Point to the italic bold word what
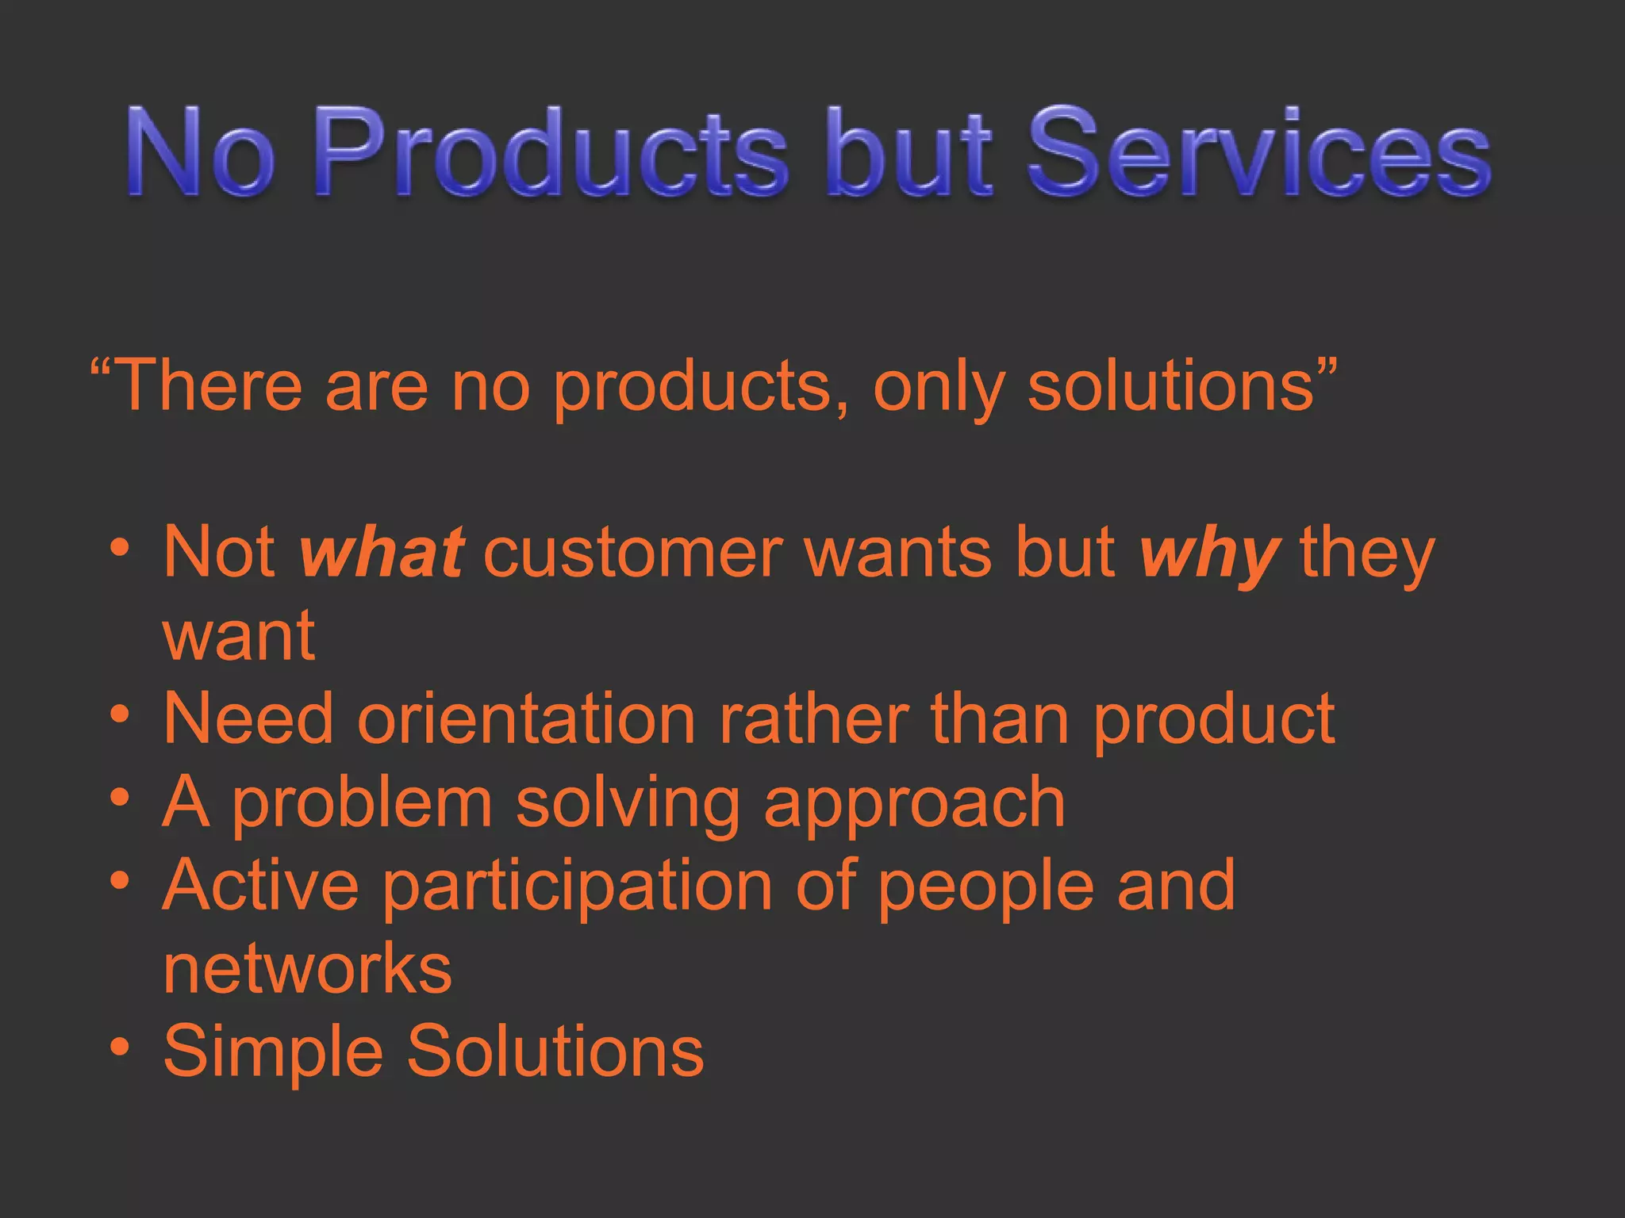(382, 553)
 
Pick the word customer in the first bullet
(633, 553)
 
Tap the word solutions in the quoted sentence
(1172, 386)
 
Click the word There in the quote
(209, 386)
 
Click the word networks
(307, 969)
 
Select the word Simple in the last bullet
(273, 1053)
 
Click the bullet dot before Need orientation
(120, 714)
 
